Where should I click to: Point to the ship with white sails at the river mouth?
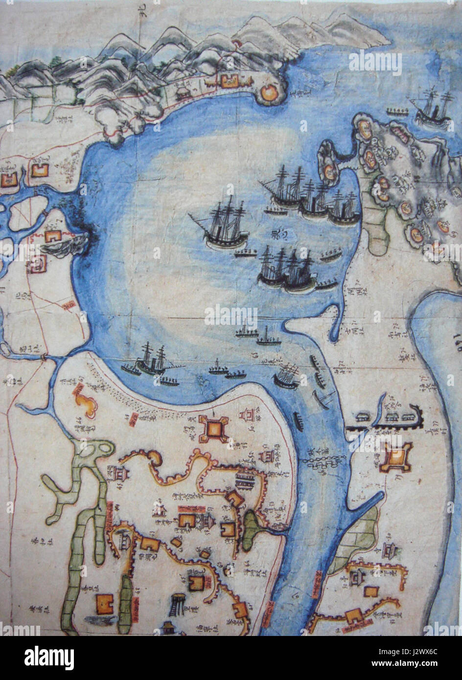pyautogui.click(x=288, y=376)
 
